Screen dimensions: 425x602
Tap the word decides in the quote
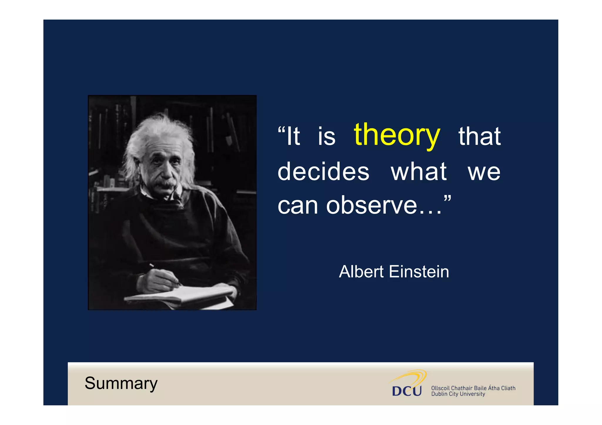(323, 172)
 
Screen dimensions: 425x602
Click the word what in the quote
(419, 172)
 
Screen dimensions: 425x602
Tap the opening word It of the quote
(293, 136)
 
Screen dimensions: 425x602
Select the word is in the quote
(326, 137)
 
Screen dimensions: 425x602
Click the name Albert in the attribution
(361, 272)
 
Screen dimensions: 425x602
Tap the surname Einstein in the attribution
(419, 272)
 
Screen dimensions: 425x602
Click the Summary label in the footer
(121, 383)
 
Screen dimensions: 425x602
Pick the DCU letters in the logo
(407, 391)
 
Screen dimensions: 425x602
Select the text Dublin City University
(458, 394)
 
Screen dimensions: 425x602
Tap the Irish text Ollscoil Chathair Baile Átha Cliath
(473, 388)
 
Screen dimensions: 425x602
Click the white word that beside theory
(479, 136)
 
